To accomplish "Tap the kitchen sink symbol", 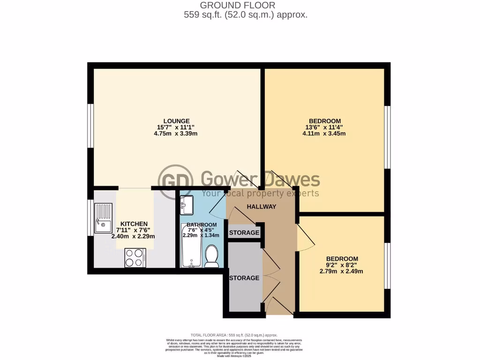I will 103,218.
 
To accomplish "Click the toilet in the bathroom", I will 211,257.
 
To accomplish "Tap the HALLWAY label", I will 262,207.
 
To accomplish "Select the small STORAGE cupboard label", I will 244,232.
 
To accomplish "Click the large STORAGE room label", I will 244,278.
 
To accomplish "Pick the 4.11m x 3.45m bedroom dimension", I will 324,134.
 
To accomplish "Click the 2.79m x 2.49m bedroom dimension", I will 342,271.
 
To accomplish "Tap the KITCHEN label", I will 134,224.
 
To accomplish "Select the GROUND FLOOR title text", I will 238,5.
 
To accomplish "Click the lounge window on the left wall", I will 90,125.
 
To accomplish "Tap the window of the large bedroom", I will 388,136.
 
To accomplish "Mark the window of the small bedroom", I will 388,265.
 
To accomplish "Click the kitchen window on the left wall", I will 90,218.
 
